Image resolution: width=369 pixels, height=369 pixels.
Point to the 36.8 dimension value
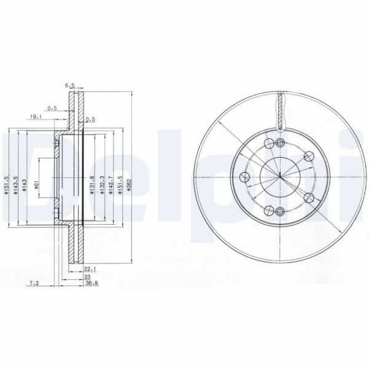[90, 283]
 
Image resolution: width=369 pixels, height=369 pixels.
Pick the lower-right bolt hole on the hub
[309, 198]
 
